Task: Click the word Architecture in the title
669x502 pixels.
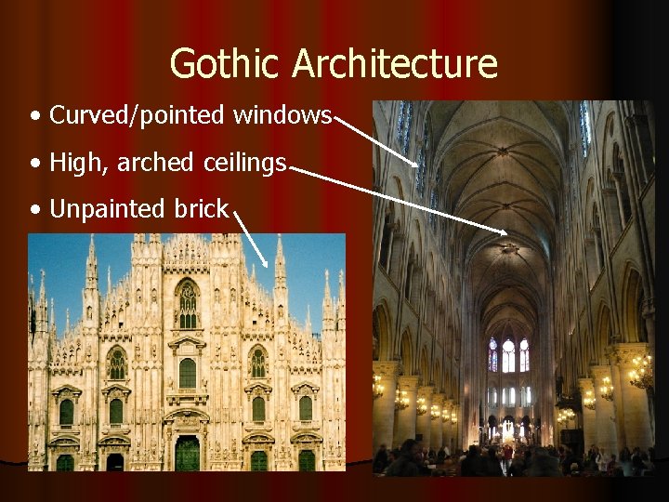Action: coord(396,64)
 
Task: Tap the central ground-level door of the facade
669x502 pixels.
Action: coord(187,453)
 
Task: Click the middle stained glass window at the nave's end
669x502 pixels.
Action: coord(507,356)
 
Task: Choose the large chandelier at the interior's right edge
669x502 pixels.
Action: coord(640,370)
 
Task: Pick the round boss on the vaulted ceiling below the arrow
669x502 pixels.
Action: coord(509,249)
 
